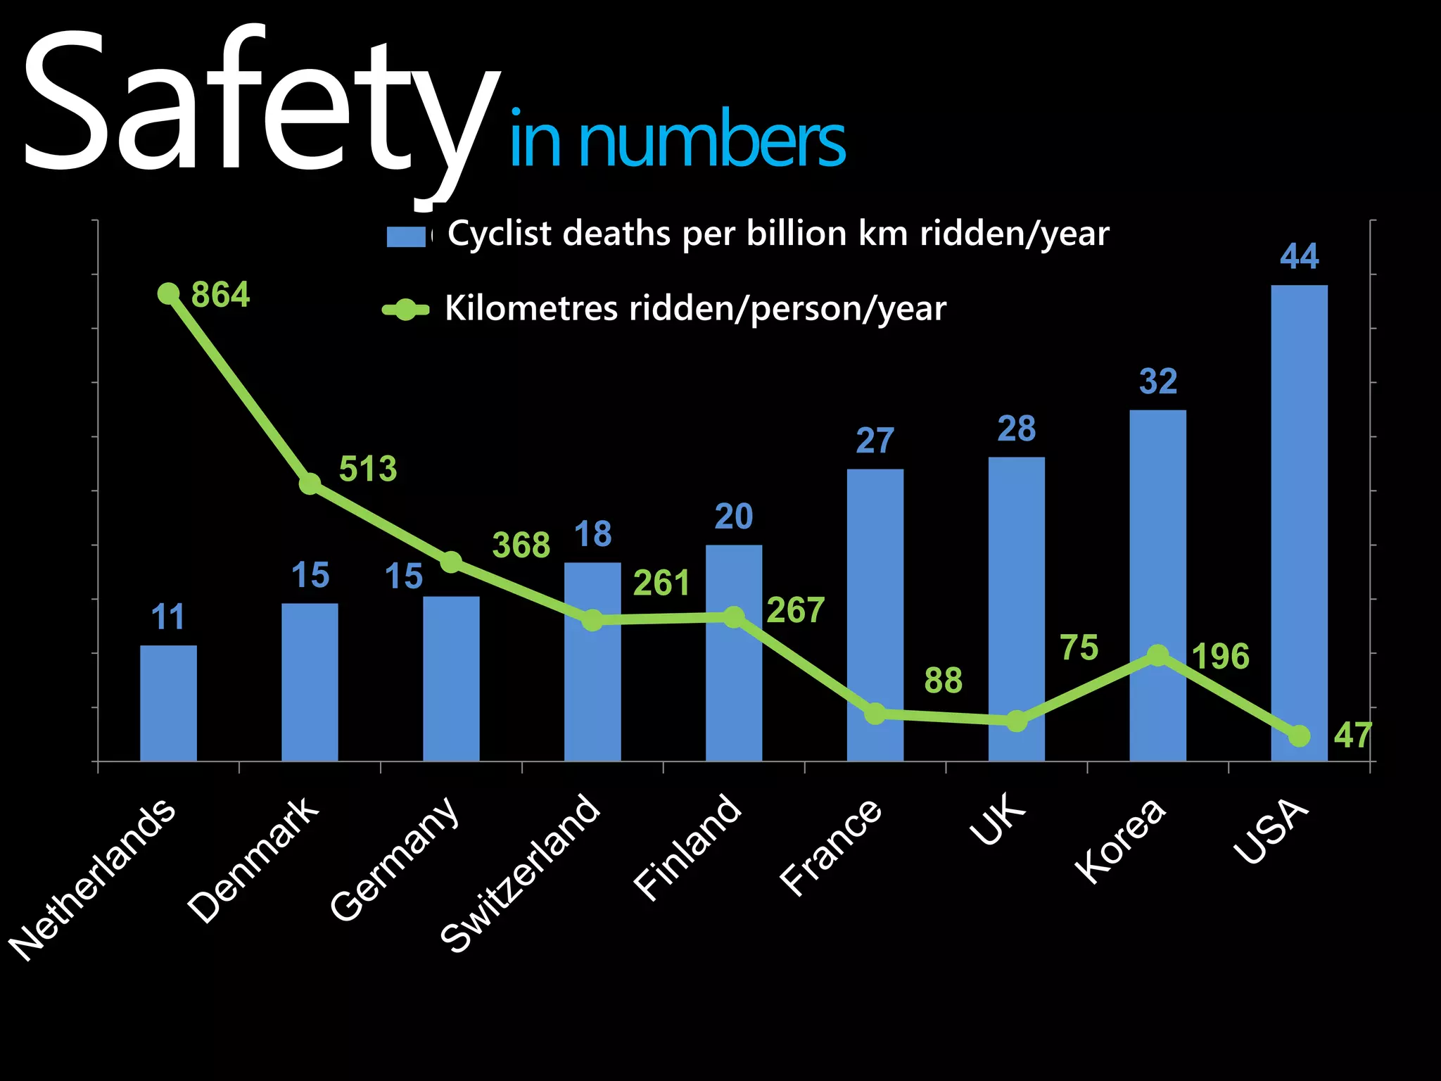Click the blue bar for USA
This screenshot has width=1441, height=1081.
(1299, 521)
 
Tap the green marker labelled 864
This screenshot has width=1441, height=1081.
(168, 293)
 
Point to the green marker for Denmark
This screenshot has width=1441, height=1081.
(310, 484)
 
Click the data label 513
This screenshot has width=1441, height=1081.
(368, 469)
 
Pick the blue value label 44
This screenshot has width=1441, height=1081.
(1299, 256)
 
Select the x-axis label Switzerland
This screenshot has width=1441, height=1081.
(521, 873)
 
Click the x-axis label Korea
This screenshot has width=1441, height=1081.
(1120, 841)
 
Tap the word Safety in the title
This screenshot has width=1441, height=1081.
(260, 106)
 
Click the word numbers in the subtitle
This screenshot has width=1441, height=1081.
(711, 141)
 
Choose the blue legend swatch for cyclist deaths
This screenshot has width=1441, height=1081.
(406, 236)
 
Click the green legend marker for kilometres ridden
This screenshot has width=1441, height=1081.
(405, 310)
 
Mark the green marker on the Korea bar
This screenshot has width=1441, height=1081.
(1157, 656)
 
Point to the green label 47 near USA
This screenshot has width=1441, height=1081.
(1352, 735)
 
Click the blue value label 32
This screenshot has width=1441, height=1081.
(1157, 381)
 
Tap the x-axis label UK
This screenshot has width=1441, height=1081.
(998, 818)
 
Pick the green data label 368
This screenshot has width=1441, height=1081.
(521, 545)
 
